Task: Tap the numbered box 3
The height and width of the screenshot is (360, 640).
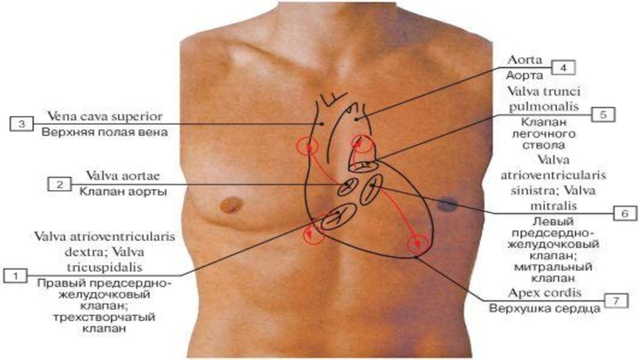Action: (x=20, y=123)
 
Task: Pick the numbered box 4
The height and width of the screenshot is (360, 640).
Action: (x=564, y=67)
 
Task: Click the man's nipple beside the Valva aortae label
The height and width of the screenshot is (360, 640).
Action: (x=231, y=204)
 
